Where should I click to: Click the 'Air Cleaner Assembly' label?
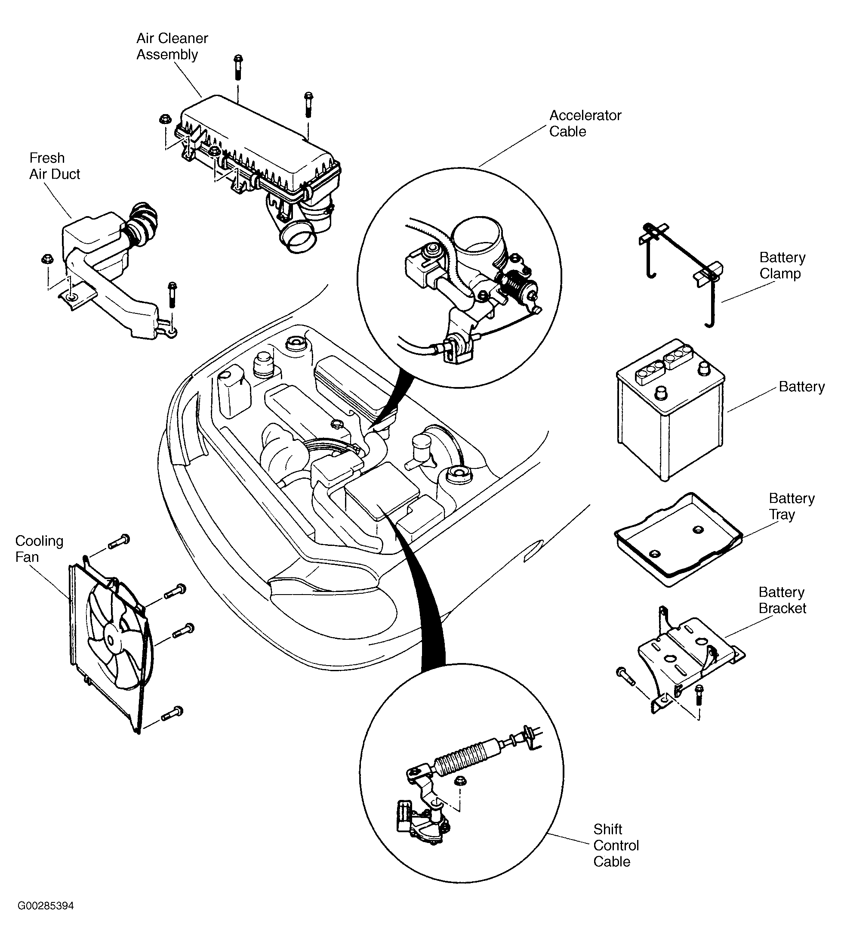[172, 46]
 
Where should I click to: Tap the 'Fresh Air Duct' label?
[55, 166]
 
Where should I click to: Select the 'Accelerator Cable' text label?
[585, 124]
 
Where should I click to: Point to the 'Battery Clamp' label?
[782, 266]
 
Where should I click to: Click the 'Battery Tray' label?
[792, 506]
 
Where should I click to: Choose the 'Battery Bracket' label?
[782, 600]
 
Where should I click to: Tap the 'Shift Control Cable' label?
[616, 846]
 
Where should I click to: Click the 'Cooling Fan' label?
[39, 549]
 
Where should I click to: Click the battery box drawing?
[670, 411]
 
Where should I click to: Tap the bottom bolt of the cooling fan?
[172, 713]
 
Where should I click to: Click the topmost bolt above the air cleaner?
[238, 67]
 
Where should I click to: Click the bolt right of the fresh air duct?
[173, 294]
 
